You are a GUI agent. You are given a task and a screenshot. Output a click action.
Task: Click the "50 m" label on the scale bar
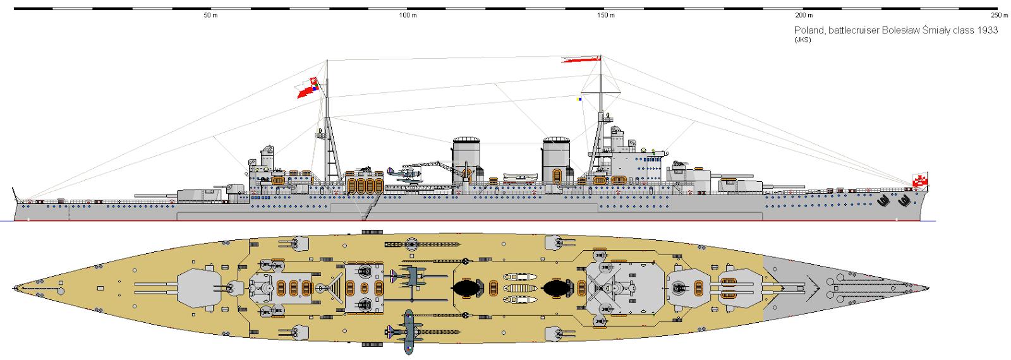pyautogui.click(x=210, y=15)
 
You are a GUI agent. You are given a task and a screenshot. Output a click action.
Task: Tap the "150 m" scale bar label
pyautogui.click(x=606, y=15)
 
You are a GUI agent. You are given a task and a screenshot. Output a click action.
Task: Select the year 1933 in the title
pyautogui.click(x=988, y=30)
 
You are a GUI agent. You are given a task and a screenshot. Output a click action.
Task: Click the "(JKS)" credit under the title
pyautogui.click(x=802, y=40)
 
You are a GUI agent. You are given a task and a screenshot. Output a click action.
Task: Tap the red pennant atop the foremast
pyautogui.click(x=581, y=59)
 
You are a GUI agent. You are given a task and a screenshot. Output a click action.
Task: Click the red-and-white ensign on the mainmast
pyautogui.click(x=308, y=88)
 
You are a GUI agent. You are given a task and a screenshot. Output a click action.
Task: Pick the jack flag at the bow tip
pyautogui.click(x=920, y=180)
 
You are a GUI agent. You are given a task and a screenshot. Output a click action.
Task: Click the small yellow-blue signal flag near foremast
pyautogui.click(x=579, y=99)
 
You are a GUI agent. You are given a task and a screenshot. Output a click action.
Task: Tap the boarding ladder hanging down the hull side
pyautogui.click(x=370, y=208)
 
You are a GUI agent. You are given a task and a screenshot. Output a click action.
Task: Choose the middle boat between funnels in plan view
pyautogui.click(x=521, y=288)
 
